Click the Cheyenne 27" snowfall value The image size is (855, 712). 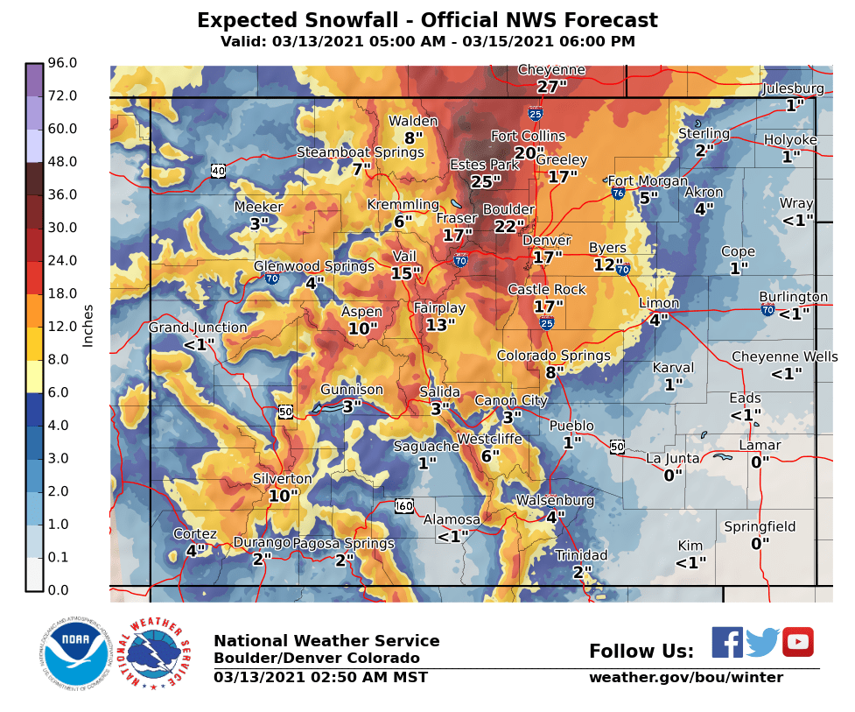click(552, 87)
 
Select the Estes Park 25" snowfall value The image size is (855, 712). click(485, 181)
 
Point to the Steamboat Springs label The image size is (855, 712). click(360, 152)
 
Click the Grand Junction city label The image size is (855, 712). click(198, 328)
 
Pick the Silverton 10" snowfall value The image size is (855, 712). click(284, 496)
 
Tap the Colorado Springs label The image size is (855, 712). click(553, 356)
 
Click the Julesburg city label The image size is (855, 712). click(793, 88)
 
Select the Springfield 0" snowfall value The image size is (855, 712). click(760, 543)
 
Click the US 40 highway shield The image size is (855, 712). click(218, 170)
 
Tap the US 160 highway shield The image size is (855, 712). click(403, 505)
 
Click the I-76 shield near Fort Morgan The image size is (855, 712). click(618, 193)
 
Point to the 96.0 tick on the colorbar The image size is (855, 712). click(63, 63)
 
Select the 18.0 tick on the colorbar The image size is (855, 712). click(63, 293)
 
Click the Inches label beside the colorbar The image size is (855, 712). click(88, 326)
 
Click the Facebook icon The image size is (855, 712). click(726, 642)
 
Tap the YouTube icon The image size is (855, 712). click(797, 642)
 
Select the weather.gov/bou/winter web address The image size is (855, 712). click(685, 678)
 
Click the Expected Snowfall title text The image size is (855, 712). click(427, 21)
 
